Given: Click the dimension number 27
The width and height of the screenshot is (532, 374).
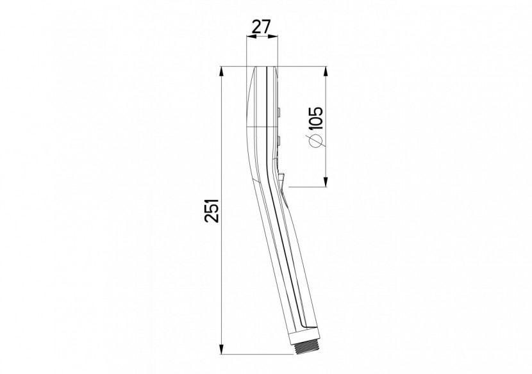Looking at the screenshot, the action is (262, 27).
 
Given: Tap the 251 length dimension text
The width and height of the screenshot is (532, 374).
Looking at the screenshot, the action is (212, 211).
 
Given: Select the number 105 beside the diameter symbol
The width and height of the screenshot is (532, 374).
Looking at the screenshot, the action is (315, 118).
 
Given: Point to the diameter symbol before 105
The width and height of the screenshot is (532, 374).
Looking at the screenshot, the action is (315, 141).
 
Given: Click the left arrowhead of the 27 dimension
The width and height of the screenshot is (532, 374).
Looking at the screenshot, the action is (251, 37).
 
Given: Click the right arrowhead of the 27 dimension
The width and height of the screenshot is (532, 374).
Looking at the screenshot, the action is (272, 37).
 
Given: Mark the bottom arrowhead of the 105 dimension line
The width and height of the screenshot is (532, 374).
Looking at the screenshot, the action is (326, 181).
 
